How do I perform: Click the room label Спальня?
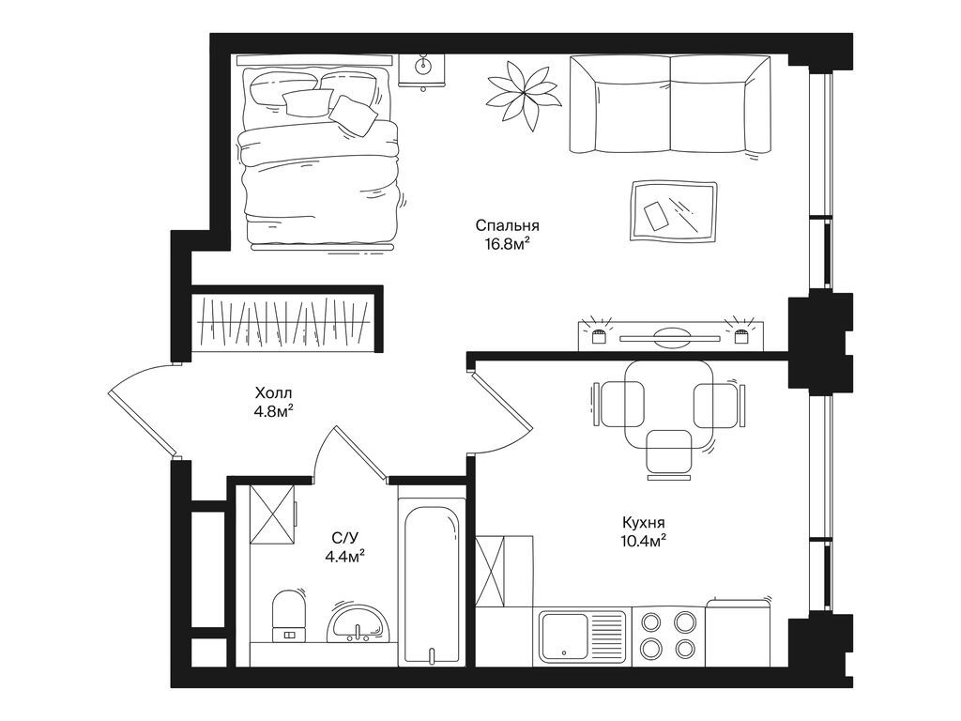click(507, 225)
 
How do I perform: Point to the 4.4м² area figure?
click(344, 556)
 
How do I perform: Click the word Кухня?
click(643, 522)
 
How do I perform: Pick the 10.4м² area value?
click(643, 541)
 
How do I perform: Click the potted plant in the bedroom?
click(522, 91)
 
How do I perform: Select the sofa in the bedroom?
click(670, 103)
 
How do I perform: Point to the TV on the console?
click(668, 333)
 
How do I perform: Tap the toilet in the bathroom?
click(288, 615)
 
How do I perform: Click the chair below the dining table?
click(669, 452)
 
